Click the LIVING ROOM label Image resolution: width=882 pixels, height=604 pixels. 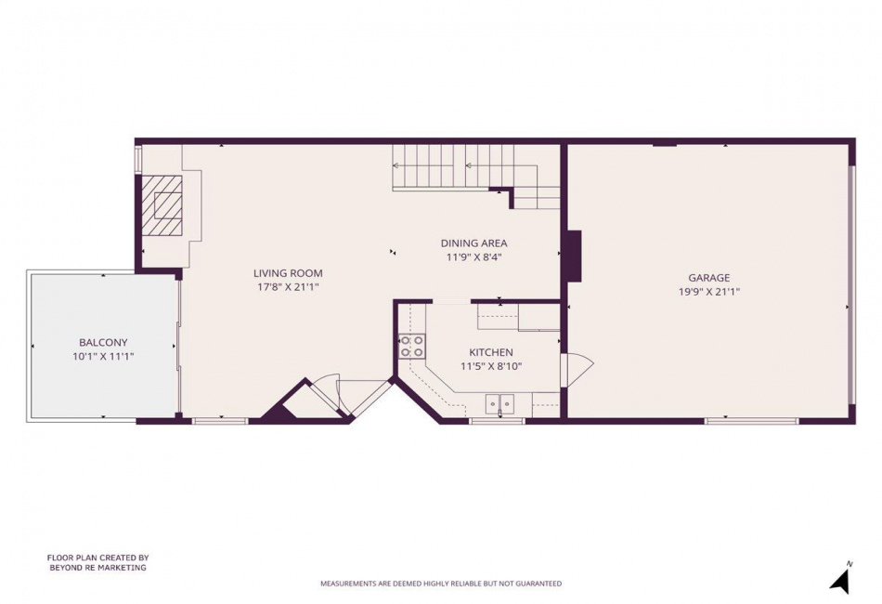288,273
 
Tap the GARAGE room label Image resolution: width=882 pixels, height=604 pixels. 709,278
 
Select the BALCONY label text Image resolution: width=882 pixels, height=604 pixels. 103,342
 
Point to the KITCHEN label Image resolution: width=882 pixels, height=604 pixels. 491,352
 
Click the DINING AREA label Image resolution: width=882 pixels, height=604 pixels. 473,243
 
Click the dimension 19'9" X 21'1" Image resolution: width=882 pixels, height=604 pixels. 709,292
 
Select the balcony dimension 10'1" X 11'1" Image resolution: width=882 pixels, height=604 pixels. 103,356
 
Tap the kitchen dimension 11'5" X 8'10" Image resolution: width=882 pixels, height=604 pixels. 491,366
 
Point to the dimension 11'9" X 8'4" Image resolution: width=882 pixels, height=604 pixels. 473,257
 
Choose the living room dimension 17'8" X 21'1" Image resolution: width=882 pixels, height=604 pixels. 288,288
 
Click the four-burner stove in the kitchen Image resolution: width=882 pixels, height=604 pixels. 412,347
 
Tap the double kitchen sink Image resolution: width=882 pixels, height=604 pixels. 500,403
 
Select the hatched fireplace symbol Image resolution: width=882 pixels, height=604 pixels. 162,205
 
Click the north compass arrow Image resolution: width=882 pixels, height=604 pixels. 841,580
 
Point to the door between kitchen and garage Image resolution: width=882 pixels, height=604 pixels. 576,370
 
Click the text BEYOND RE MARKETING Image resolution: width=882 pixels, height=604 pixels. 97,568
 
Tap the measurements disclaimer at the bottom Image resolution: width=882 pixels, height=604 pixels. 441,584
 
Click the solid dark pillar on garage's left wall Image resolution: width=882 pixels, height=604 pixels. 574,255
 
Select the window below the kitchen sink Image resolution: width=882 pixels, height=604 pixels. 498,421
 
